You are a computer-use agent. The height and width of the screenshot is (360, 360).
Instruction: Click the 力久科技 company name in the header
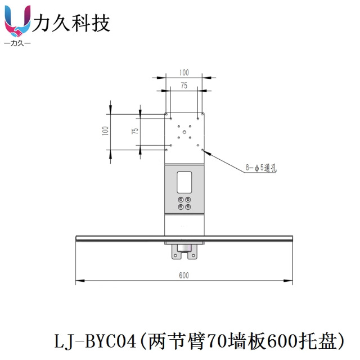pos(73,23)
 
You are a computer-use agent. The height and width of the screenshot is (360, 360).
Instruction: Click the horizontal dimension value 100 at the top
pos(184,73)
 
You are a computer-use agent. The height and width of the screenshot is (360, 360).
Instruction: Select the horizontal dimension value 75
pos(184,85)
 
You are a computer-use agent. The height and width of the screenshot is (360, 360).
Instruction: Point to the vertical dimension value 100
pos(105,130)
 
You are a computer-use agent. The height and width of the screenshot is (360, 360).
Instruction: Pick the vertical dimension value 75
pos(134,130)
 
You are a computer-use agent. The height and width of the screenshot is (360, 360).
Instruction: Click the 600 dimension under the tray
pos(184,275)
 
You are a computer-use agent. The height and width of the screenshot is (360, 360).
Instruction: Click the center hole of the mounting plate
pos(184,132)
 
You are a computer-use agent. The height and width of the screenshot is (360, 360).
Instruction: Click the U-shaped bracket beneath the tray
pos(184,251)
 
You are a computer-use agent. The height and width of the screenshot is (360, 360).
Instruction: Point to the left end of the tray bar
pos(78,238)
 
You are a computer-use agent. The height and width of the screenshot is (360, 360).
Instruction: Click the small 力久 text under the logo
pos(17,43)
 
